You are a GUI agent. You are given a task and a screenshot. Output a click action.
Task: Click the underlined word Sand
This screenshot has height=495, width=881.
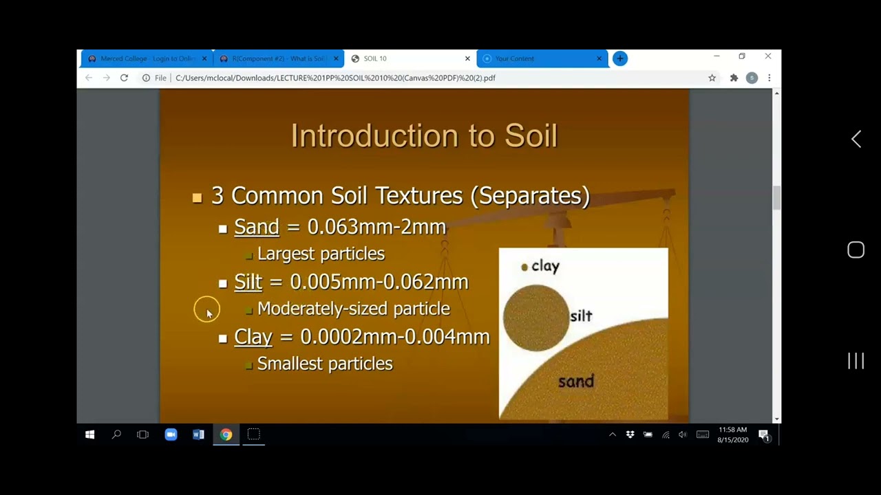tap(256, 227)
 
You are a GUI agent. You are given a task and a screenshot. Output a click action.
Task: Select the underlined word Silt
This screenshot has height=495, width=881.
tap(248, 282)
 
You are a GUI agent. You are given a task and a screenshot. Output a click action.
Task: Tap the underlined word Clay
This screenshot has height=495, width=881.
tap(253, 337)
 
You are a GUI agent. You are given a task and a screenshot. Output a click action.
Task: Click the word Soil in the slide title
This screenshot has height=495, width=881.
tap(531, 135)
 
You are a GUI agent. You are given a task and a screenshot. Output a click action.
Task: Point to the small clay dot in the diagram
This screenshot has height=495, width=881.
tap(524, 267)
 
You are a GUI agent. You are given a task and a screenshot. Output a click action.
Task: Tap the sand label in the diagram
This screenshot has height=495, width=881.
tap(575, 382)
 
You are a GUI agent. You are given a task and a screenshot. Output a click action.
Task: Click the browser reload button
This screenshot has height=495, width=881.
tap(124, 78)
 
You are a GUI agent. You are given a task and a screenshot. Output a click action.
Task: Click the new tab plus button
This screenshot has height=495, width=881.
tap(620, 58)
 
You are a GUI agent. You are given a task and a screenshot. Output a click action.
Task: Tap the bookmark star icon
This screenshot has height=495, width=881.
tap(712, 78)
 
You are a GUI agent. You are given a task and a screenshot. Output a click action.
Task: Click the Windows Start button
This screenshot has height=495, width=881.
tap(89, 434)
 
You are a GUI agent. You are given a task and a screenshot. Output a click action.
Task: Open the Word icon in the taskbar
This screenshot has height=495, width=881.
tap(198, 434)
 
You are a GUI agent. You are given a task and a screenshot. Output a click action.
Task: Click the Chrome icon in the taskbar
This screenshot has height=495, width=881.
tap(226, 434)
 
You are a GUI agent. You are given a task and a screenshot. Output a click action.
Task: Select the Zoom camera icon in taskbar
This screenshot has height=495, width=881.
tap(171, 434)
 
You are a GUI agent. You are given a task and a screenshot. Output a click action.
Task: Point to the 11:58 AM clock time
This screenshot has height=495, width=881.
tap(732, 430)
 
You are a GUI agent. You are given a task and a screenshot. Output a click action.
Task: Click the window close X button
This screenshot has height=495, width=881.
tap(768, 56)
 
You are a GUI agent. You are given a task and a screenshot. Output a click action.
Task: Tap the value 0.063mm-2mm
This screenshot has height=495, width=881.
tap(376, 227)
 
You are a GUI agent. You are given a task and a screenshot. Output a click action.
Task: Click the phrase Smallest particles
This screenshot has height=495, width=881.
tap(325, 364)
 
